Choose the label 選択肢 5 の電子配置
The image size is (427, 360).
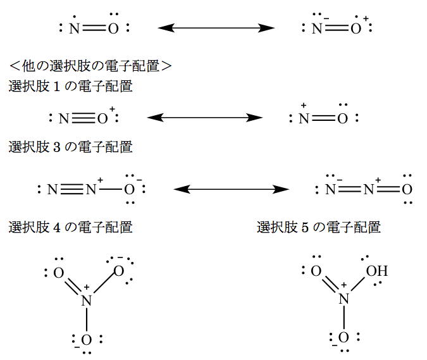(x=319, y=227)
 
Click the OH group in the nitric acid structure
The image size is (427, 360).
(x=376, y=272)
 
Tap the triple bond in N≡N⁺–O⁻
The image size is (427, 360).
(x=73, y=189)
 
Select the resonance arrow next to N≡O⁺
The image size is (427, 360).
(x=204, y=118)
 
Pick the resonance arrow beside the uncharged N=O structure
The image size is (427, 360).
(x=216, y=28)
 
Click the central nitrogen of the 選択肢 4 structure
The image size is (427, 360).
(x=87, y=301)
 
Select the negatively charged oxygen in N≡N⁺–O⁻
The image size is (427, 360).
(x=129, y=189)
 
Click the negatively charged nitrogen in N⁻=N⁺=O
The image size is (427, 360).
(x=329, y=189)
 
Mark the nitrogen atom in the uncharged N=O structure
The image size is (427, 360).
(x=75, y=28)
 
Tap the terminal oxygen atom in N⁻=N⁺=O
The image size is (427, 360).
(x=407, y=189)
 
